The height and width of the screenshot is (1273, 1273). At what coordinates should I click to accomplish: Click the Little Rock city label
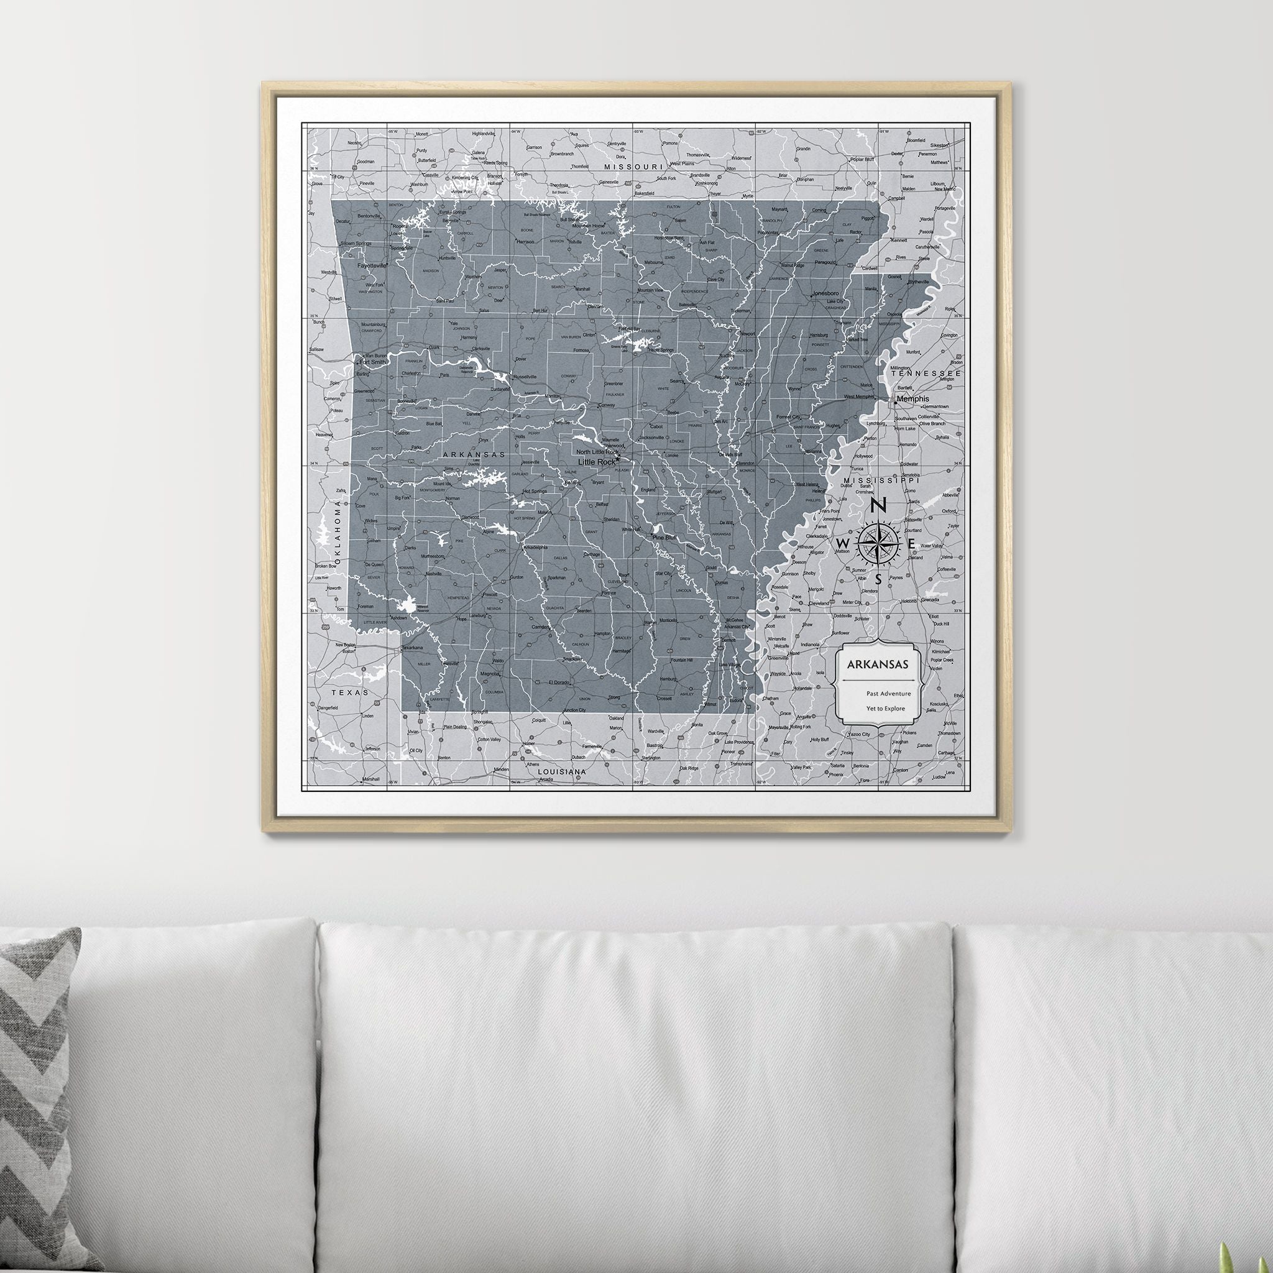point(596,462)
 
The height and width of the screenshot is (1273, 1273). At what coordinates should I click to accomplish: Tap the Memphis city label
point(912,398)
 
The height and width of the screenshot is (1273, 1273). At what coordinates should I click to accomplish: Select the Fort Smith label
point(373,362)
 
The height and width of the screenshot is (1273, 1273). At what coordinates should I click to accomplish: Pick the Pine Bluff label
point(663,538)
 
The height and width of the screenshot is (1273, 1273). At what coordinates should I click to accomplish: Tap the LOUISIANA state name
point(562,771)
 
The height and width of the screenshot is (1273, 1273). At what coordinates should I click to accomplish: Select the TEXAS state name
point(350,692)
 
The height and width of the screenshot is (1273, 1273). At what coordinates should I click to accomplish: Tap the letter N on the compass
point(878,506)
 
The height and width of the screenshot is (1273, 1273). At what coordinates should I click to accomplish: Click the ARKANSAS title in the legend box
point(878,665)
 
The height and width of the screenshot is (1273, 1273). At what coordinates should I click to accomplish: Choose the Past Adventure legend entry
point(888,693)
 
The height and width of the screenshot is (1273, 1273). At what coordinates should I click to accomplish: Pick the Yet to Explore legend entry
point(886,709)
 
